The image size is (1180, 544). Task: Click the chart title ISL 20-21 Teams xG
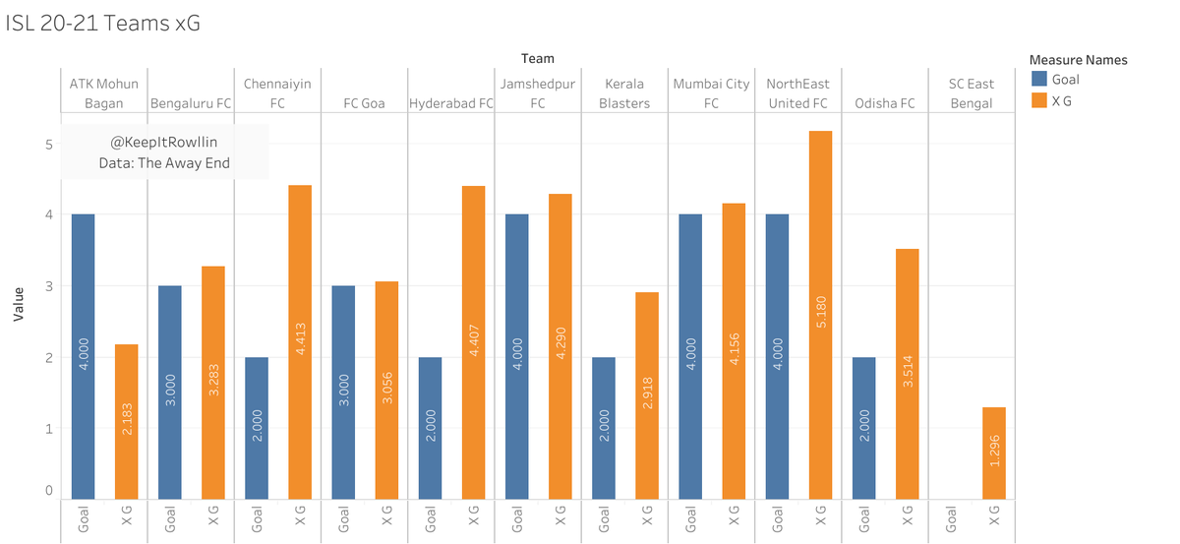pos(102,23)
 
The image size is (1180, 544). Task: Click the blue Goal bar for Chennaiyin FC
pos(256,428)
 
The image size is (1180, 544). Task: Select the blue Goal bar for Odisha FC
pos(863,428)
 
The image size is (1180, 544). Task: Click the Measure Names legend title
pos(1077,60)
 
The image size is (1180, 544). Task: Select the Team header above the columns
pos(537,59)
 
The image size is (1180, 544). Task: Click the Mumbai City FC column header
pos(711,93)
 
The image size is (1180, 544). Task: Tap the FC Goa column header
pos(364,102)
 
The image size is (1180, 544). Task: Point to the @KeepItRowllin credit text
pos(164,143)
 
